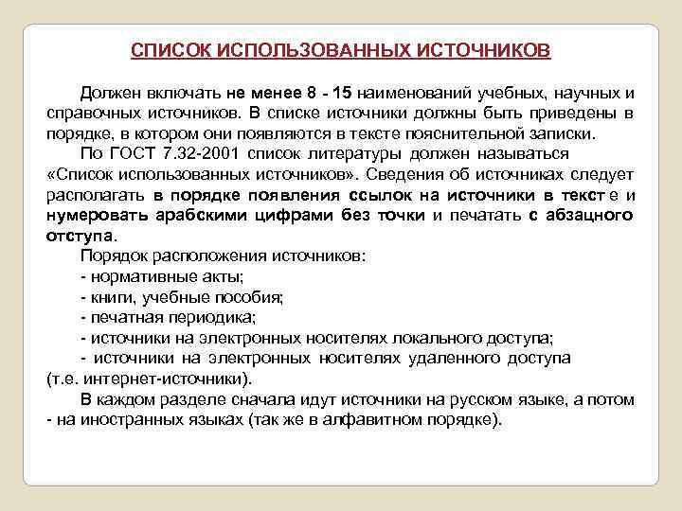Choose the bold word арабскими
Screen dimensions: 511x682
pyautogui.click(x=196, y=215)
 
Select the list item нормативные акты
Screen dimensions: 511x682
pyautogui.click(x=167, y=276)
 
